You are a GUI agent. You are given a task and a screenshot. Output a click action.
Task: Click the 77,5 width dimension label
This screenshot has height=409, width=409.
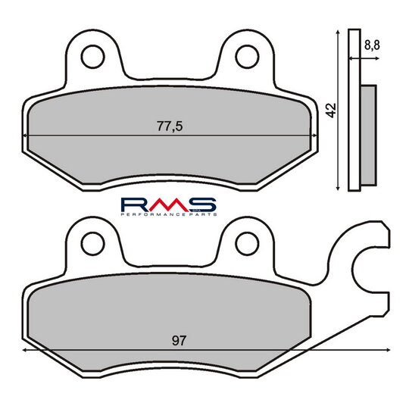tap(170, 126)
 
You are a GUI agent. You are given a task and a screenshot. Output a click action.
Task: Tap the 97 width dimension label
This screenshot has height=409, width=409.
tap(180, 341)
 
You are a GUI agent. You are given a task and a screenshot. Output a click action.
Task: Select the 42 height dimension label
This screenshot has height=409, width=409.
tap(331, 111)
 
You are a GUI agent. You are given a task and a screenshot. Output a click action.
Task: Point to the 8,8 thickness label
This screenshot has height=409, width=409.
tap(372, 45)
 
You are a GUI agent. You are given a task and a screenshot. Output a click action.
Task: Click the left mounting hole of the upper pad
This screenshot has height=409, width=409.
tap(93, 57)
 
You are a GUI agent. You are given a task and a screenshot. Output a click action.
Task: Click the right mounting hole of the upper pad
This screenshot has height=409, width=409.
tap(247, 57)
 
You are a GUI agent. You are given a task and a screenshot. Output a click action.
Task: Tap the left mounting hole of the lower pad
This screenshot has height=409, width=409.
tap(93, 244)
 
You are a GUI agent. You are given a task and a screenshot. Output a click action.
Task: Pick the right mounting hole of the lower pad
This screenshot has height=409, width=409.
tap(247, 244)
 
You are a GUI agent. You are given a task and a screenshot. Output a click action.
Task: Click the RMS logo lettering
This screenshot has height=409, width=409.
tap(168, 204)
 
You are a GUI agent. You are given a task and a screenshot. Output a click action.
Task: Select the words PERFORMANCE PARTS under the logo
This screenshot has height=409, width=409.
tap(169, 214)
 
